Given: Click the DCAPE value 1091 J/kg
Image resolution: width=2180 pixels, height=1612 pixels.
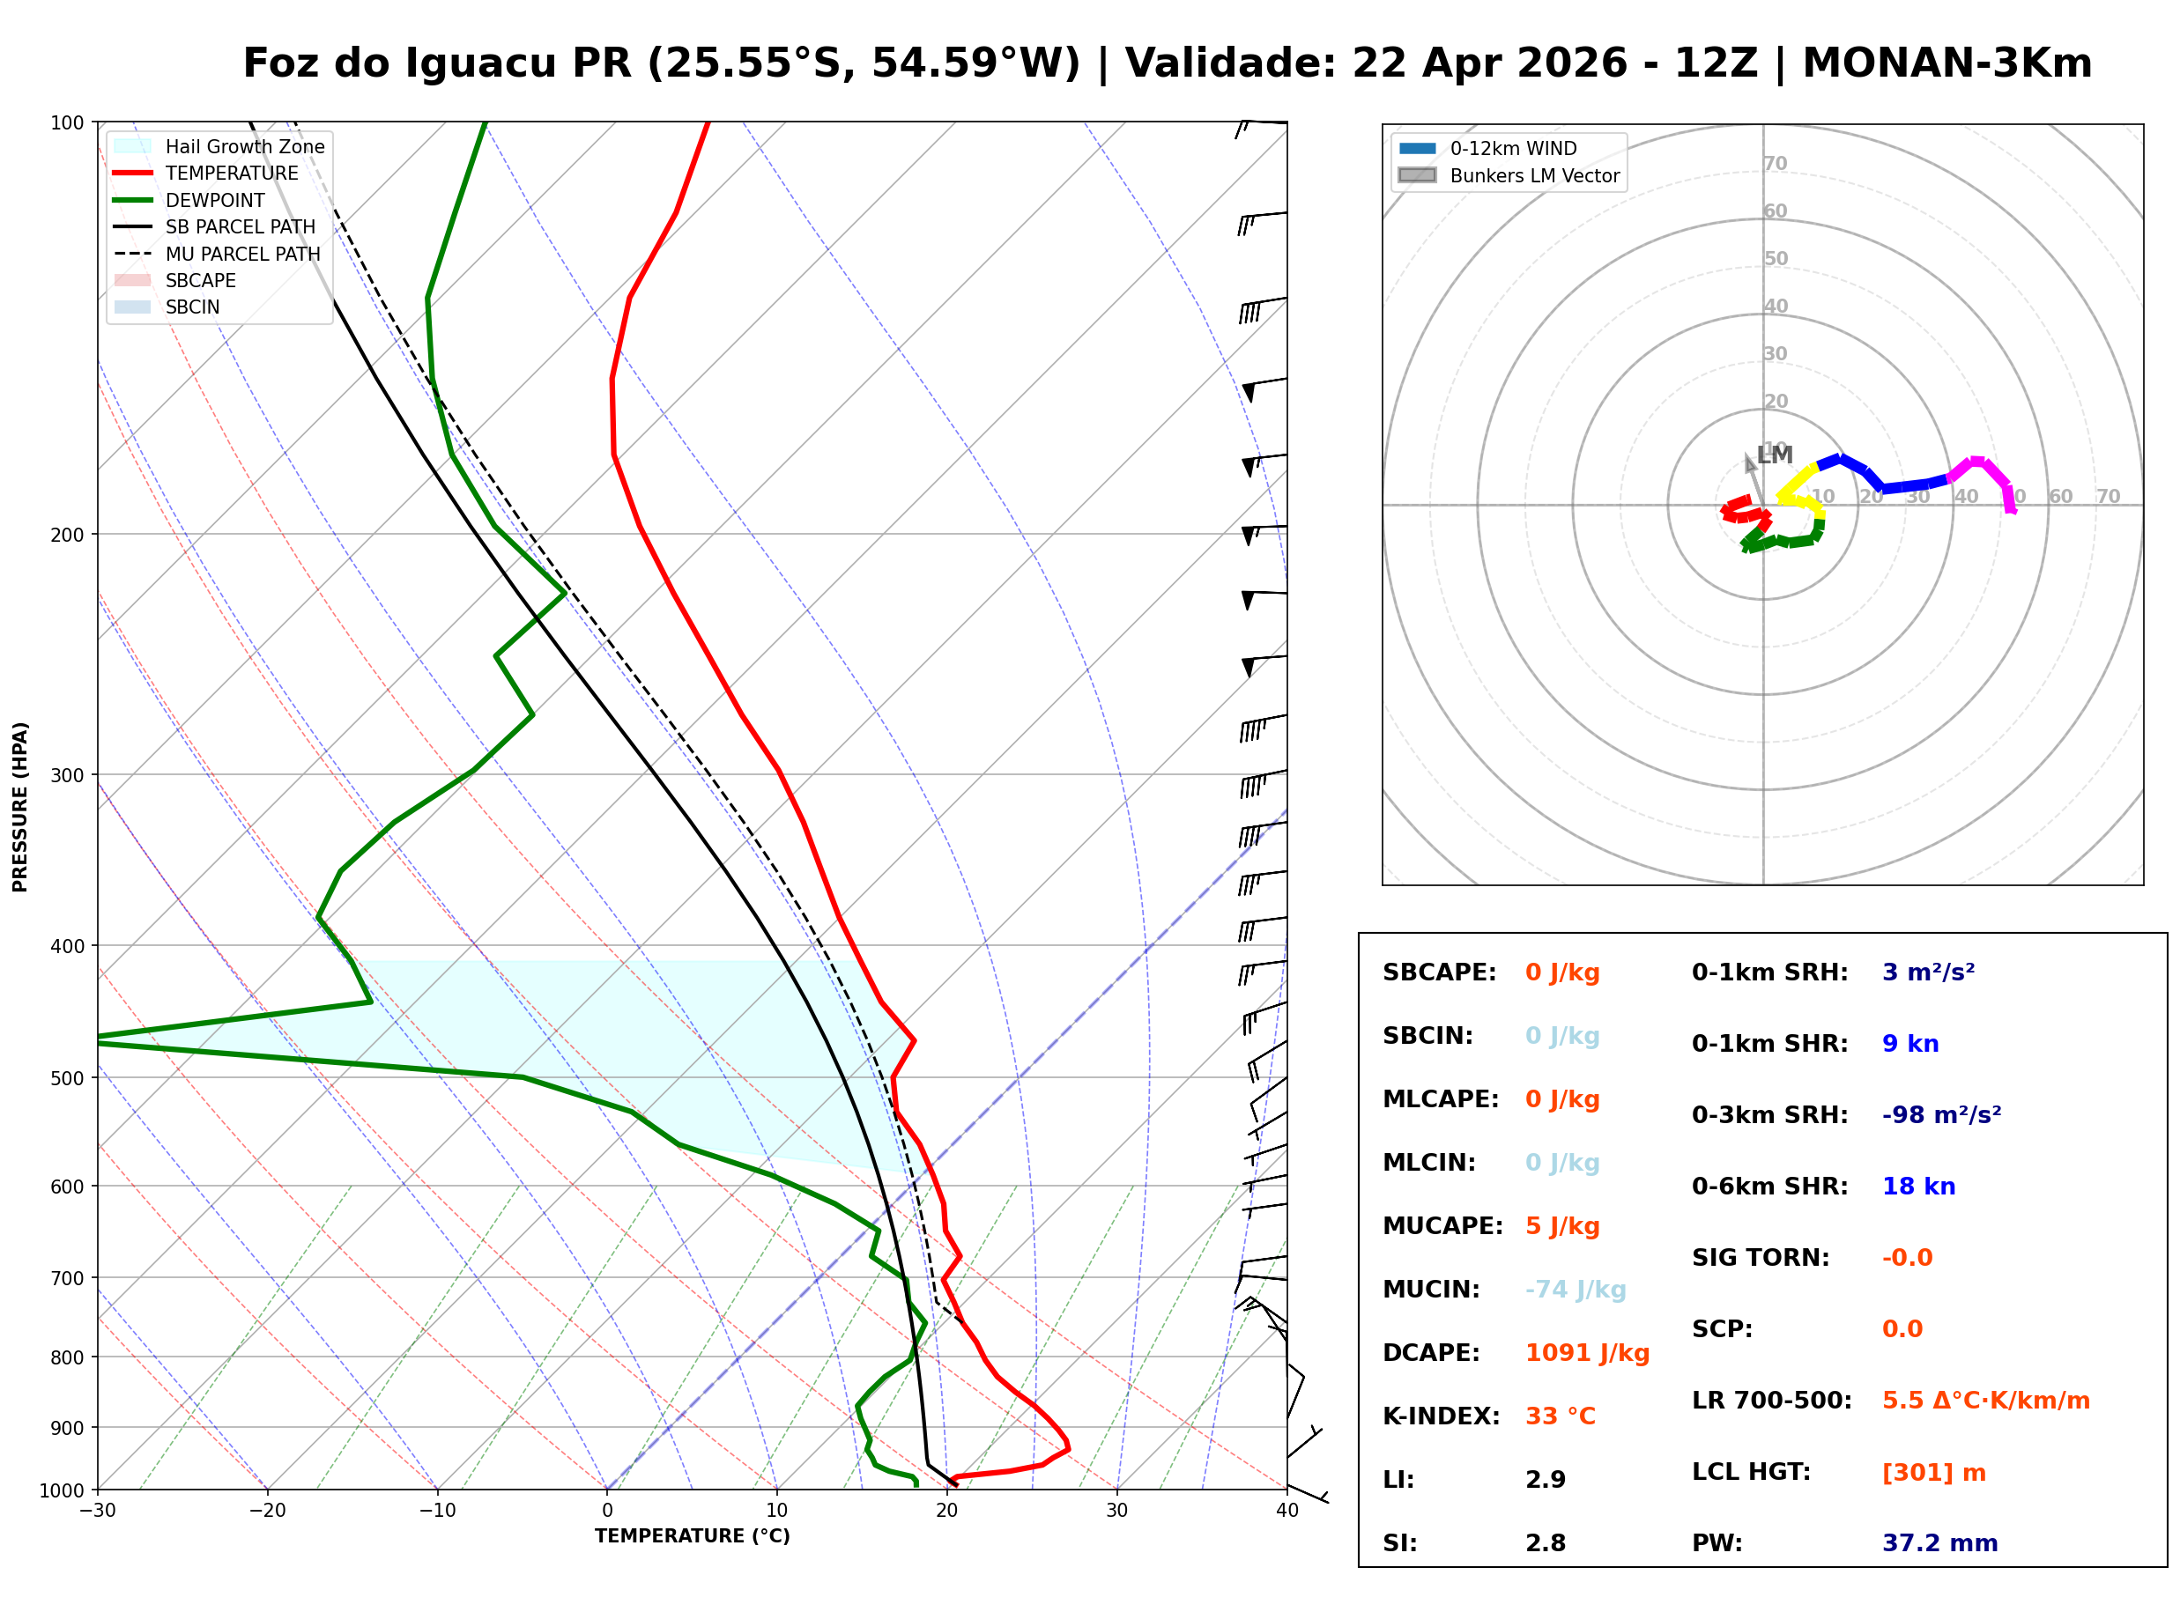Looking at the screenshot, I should (1587, 1353).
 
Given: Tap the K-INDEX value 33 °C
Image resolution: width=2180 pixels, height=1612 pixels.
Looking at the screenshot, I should (1560, 1416).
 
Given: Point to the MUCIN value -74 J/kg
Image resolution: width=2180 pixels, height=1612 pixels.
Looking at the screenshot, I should (1575, 1290).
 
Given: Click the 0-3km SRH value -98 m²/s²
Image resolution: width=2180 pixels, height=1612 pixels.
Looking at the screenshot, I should (1941, 1115).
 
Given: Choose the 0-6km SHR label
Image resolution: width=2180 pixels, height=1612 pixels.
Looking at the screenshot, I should (1769, 1187).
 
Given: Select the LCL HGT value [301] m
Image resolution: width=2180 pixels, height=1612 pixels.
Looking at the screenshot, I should (1933, 1473).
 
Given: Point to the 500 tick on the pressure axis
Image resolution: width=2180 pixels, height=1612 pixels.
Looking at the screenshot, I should (67, 1078).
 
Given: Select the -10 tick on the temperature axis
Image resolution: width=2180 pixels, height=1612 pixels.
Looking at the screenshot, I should (436, 1512).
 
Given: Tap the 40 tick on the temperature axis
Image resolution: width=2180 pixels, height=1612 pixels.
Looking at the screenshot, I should (1286, 1512).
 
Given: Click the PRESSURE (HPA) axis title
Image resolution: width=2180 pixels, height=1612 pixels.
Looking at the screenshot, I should (20, 807).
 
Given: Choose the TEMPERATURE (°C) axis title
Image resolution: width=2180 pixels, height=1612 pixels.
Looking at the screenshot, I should (692, 1537).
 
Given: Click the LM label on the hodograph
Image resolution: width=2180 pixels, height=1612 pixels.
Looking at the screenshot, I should (1774, 455).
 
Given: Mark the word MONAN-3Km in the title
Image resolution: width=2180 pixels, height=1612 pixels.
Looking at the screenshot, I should (1946, 63).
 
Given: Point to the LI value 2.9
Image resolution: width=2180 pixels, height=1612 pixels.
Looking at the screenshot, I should (1545, 1480).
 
